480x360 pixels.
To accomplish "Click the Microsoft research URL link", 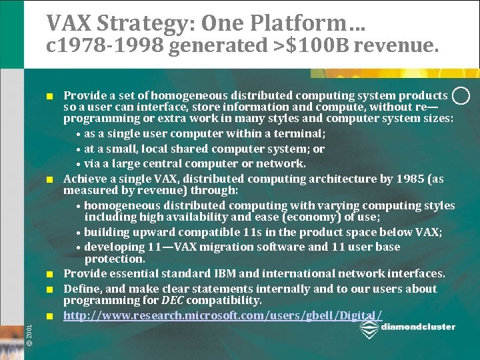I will pos(223,315).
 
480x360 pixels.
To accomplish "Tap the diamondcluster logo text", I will pos(419,327).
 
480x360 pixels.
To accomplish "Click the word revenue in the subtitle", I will pos(396,45).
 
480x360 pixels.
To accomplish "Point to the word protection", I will pos(115,259).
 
